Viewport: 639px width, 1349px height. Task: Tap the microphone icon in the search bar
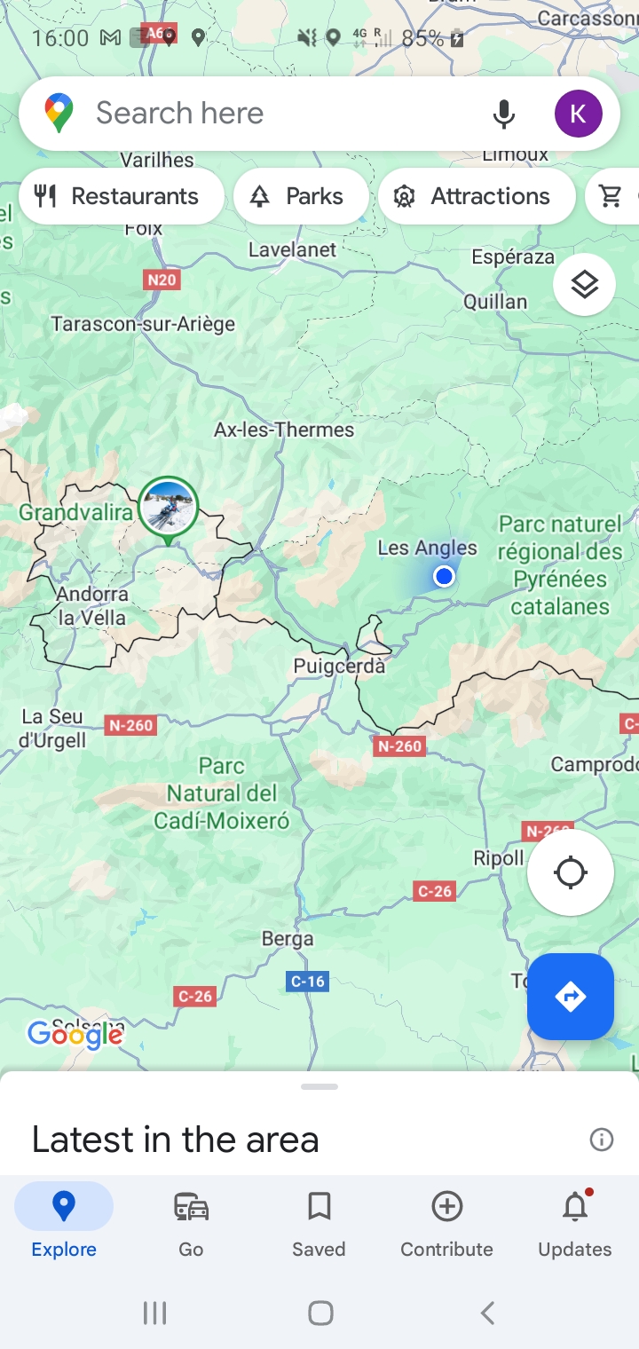[503, 114]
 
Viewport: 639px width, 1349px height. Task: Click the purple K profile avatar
[578, 114]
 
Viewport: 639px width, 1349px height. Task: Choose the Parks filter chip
[301, 196]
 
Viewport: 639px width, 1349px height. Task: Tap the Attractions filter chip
[476, 196]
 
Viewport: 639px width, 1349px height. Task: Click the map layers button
[584, 285]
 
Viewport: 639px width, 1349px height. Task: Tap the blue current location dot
[444, 577]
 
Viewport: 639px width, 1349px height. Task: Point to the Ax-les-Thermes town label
[284, 430]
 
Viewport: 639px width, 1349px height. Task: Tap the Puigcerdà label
[340, 666]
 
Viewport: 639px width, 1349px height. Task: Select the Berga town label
[288, 938]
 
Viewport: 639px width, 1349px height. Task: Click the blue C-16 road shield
[308, 981]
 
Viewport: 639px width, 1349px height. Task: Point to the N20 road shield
[162, 280]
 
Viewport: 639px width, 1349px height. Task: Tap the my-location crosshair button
[571, 872]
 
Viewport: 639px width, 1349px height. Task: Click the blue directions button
[571, 997]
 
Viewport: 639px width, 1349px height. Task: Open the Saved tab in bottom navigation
[319, 1223]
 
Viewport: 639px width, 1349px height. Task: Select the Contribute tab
[446, 1223]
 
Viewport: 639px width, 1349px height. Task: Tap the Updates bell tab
[575, 1223]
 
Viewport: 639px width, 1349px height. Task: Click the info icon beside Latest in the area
[602, 1140]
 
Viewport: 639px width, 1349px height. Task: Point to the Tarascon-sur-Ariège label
[143, 324]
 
